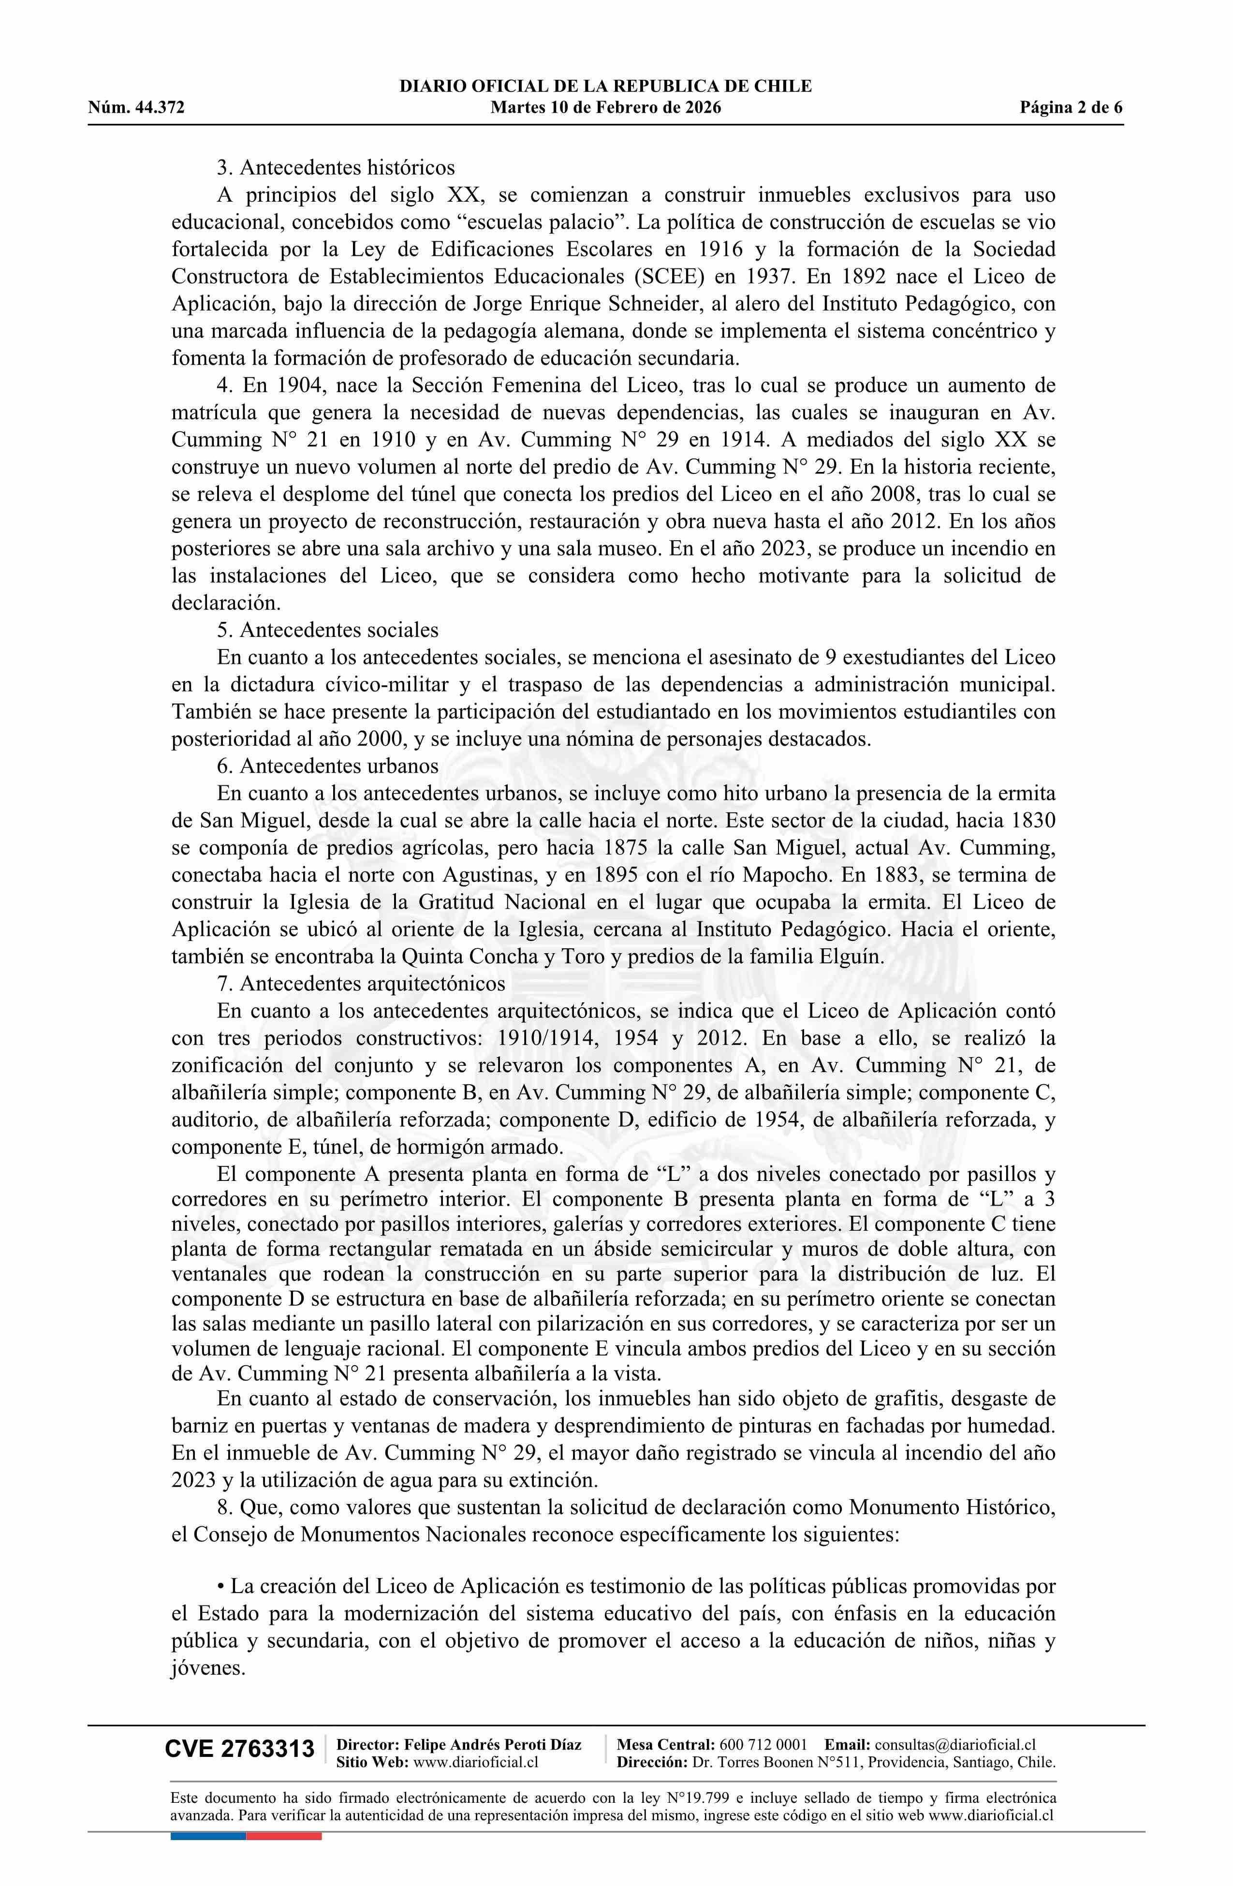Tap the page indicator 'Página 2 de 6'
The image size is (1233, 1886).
coord(1072,108)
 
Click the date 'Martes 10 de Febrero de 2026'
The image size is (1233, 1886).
coord(605,108)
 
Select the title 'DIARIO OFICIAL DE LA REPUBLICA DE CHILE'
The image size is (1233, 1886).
coord(605,87)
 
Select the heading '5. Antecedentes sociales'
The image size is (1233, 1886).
coord(327,630)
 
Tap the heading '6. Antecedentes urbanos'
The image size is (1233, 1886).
coord(327,766)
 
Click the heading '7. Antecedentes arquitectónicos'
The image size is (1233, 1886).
coord(361,984)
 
